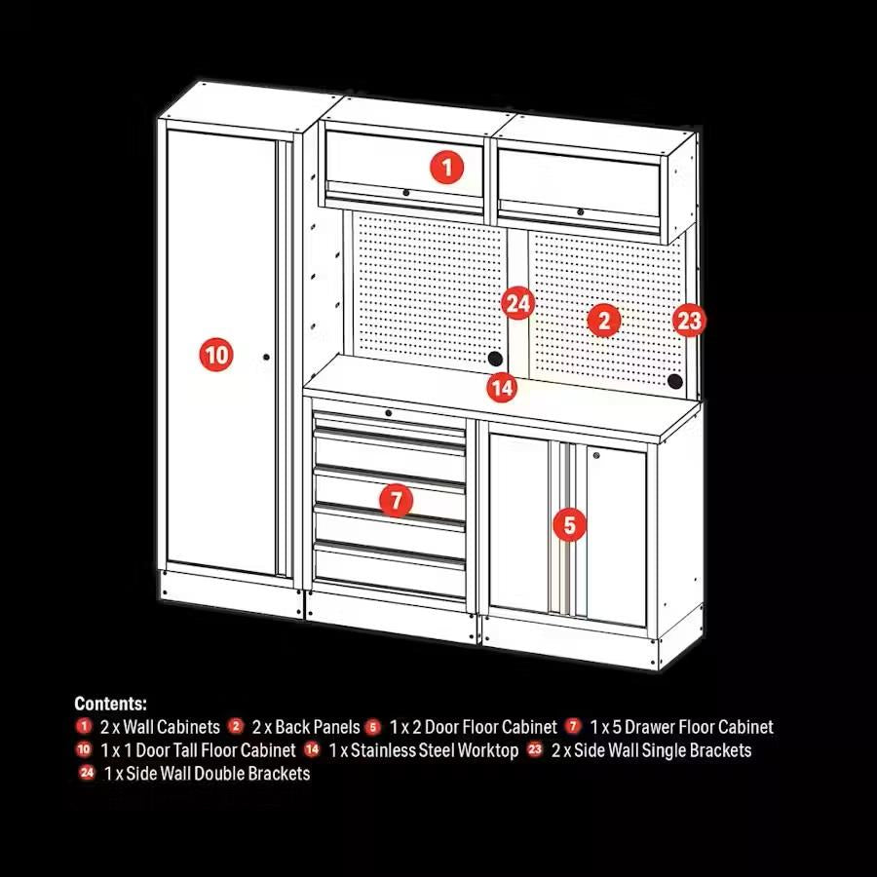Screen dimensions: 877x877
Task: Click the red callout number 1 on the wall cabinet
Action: [446, 168]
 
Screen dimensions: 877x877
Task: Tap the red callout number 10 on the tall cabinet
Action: [216, 354]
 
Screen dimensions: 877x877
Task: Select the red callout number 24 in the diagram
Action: [518, 303]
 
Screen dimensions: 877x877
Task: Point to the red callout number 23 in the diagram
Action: [689, 320]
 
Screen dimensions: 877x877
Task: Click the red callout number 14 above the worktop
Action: [502, 388]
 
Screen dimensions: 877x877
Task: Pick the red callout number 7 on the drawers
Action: [396, 501]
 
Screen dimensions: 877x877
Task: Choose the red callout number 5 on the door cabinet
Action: [570, 525]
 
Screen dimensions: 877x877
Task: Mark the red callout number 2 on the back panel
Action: [604, 319]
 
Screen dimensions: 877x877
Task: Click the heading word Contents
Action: [111, 704]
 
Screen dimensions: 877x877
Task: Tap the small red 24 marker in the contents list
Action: [88, 774]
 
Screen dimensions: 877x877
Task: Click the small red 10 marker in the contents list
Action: [83, 750]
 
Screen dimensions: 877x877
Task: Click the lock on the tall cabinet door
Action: [265, 357]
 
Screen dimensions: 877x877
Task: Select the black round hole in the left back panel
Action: [495, 360]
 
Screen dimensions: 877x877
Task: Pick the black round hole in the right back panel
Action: [673, 382]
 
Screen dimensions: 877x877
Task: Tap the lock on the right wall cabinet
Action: [580, 211]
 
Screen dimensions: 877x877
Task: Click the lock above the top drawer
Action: [388, 413]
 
